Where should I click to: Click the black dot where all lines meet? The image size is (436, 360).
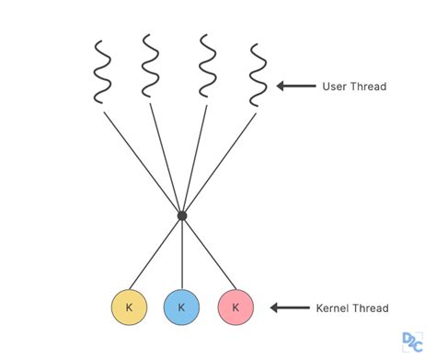[x=182, y=215]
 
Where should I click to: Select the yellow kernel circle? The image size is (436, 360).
[x=129, y=307]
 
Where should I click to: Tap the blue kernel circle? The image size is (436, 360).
[x=182, y=307]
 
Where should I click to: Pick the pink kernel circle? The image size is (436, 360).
[x=235, y=307]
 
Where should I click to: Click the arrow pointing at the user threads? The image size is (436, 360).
[x=294, y=87]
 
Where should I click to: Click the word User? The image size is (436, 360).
[x=332, y=87]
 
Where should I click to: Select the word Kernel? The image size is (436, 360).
[x=335, y=308]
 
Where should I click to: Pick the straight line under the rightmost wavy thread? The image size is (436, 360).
[x=221, y=160]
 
